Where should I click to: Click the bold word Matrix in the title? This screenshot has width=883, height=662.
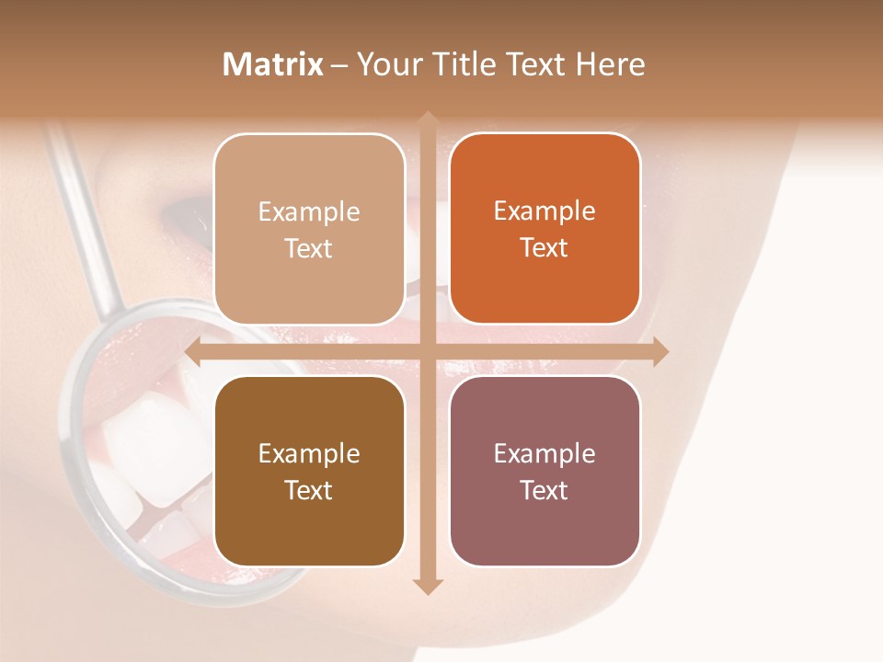pos(273,64)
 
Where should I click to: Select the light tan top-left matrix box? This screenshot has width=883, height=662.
pos(309,229)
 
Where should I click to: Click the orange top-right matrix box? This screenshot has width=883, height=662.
pos(545,229)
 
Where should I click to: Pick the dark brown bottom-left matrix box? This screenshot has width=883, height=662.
pos(309,471)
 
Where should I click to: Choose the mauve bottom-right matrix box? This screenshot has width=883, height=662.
pos(545,471)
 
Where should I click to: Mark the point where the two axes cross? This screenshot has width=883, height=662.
pos(427,351)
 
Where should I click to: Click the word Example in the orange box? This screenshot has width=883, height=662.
pos(545,211)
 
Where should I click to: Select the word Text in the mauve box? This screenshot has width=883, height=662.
pos(545,490)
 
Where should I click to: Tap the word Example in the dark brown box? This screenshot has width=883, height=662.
pos(309,453)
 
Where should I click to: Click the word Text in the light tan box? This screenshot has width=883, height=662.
pos(309,248)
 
